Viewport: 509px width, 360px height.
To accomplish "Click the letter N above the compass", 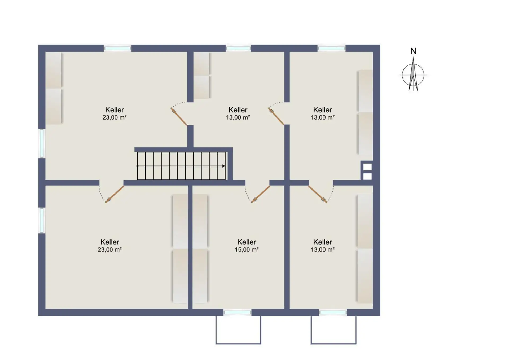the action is click(413, 51).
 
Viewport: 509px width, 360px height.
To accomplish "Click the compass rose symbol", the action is click(413, 75).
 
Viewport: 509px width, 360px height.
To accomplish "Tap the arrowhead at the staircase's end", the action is click(224, 166).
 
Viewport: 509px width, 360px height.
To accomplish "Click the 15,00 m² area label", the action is click(247, 249).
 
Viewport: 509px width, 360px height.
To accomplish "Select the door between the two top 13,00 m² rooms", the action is click(276, 116).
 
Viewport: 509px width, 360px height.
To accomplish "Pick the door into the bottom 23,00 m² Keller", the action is click(115, 194).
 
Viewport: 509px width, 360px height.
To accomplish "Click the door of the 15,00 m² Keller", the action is click(261, 194).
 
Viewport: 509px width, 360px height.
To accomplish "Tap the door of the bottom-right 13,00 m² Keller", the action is click(318, 194).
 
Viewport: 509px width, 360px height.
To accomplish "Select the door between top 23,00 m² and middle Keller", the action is click(179, 116).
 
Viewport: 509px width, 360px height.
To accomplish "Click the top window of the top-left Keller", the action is click(117, 48).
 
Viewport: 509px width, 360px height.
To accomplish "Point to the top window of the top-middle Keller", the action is click(238, 48).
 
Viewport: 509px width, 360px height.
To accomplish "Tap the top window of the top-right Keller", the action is click(331, 48).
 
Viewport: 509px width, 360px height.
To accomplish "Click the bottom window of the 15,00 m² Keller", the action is click(237, 313).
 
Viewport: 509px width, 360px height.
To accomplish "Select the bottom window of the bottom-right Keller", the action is click(333, 313).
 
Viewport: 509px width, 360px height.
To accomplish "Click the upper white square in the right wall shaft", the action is click(367, 167).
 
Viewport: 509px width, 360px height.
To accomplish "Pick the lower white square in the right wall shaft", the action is click(367, 177).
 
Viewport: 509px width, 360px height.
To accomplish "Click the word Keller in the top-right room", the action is click(323, 110).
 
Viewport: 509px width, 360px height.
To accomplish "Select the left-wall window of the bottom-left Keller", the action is click(42, 220).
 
